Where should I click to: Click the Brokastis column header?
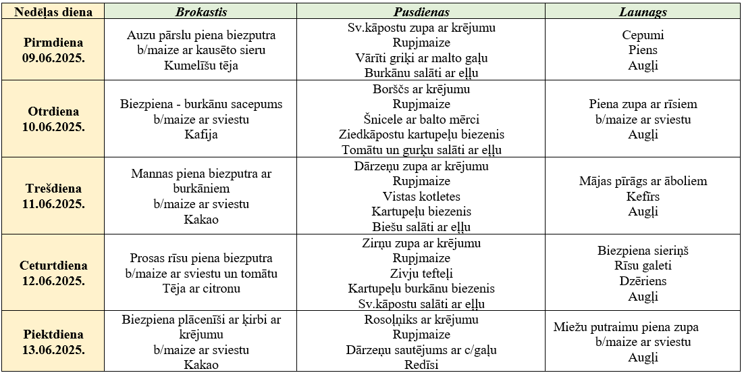pos(201,12)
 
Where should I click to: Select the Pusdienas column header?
pos(421,12)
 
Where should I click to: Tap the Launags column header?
pos(643,12)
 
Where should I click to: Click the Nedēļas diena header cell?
pos(53,12)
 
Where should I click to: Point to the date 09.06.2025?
pos(53,58)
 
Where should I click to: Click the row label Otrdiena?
pos(53,111)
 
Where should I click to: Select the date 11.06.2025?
pos(53,203)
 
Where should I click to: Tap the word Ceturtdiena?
pos(53,266)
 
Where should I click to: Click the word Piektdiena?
pos(53,334)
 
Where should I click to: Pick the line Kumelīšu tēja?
pos(201,66)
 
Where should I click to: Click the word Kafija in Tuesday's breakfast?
pos(201,134)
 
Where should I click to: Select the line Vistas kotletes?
pos(421,197)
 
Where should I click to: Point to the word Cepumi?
pos(643,35)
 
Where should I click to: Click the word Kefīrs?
pos(643,197)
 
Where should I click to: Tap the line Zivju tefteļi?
pos(421,274)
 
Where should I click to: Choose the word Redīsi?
pos(421,365)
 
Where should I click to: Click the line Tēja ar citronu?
pos(201,289)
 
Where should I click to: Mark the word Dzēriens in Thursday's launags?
pos(643,281)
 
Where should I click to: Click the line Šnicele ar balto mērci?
pos(421,120)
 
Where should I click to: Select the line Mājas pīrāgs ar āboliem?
pos(643,181)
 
